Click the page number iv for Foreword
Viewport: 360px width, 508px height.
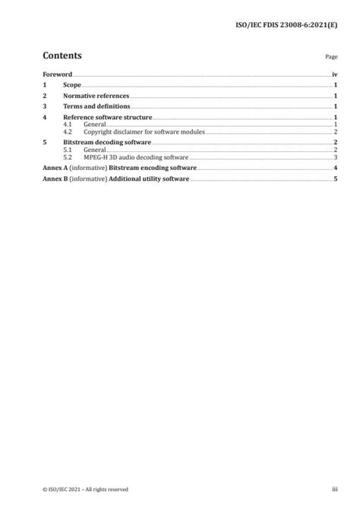(334, 75)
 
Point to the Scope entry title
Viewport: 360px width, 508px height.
(73, 86)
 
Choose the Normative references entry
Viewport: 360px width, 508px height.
(96, 96)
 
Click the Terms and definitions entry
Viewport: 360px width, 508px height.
(96, 107)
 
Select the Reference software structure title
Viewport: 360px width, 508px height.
(108, 118)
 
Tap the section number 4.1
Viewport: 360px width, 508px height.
(68, 125)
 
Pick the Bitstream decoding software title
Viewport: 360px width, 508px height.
(107, 142)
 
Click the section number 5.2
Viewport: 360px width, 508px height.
(68, 156)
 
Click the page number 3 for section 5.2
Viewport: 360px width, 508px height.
(335, 156)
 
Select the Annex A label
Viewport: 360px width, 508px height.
(55, 167)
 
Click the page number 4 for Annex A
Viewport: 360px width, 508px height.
(335, 167)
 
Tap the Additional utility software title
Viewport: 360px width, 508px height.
(149, 178)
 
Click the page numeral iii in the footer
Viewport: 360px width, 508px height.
(333, 489)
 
